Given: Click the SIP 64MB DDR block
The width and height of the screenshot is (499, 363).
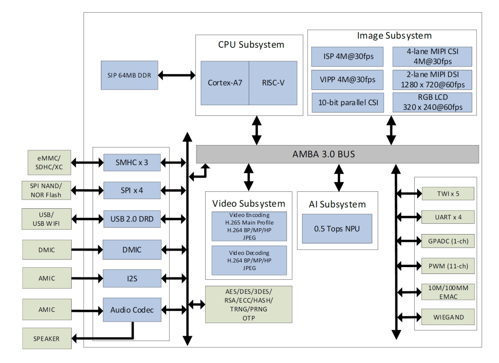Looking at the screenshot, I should tap(130, 75).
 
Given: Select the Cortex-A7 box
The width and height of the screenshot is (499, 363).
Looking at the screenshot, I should tap(225, 83).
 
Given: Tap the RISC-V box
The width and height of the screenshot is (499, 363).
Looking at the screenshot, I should tap(273, 83).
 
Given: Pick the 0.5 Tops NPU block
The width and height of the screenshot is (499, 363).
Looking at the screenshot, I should tap(337, 229).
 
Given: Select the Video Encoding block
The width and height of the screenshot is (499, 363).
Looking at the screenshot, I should tap(249, 226).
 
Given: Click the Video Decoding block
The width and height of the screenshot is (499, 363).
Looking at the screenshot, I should tap(249, 260).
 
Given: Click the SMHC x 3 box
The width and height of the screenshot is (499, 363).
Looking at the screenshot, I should tap(132, 162).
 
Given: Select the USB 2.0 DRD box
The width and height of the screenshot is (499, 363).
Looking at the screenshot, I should tap(132, 219).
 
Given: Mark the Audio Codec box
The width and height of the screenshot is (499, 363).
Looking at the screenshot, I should tap(132, 310).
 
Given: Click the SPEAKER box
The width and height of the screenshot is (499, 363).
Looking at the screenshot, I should tap(47, 339).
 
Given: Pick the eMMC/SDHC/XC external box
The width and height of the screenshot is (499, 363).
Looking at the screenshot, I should tap(47, 162).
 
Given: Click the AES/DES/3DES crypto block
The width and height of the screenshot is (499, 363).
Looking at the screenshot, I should tap(249, 305).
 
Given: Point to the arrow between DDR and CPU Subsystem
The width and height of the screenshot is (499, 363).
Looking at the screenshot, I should tap(176, 75).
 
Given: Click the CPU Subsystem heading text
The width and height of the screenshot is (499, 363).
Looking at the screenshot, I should tap(251, 45).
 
